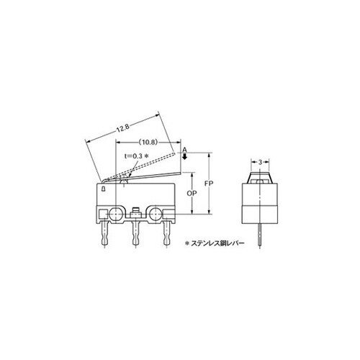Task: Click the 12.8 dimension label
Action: tap(123, 128)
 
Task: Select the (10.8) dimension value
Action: tap(148, 143)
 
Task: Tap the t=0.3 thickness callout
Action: tap(134, 156)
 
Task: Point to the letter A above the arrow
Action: tap(184, 150)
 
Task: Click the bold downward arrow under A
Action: tap(184, 157)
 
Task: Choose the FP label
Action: tap(209, 183)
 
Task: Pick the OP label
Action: tap(192, 193)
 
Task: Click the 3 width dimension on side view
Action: tap(261, 162)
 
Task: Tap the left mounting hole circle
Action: tap(116, 213)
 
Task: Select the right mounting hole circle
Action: tap(156, 213)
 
